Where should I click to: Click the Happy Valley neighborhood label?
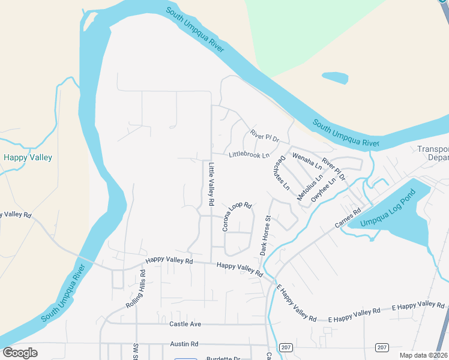click(x=28, y=158)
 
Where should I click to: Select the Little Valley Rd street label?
click(x=211, y=184)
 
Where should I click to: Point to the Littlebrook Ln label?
click(x=249, y=155)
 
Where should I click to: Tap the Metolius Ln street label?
click(x=310, y=187)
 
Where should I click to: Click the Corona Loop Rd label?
click(x=236, y=216)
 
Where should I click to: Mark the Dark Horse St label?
click(x=265, y=235)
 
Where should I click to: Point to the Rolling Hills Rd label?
click(x=136, y=288)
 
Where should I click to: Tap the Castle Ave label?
click(x=185, y=324)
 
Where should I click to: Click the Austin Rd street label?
click(x=184, y=344)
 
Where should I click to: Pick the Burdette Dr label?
click(x=223, y=358)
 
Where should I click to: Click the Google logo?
click(x=20, y=353)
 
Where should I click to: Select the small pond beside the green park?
click(x=334, y=77)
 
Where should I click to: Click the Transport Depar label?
click(x=433, y=153)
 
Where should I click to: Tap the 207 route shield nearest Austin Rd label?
click(x=286, y=348)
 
